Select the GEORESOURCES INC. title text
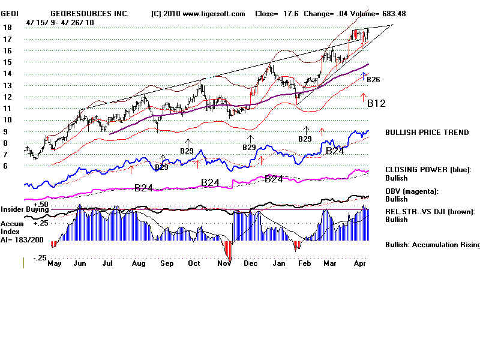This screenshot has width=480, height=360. pos(89,13)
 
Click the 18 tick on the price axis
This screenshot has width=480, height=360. pos(7,28)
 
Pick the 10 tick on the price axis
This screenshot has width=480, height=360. pos(7,119)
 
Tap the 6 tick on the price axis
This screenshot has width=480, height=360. pos(5,166)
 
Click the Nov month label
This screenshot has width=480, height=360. pos(224,263)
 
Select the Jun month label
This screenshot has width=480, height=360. pos(79,263)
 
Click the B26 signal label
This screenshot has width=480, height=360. pos(373,79)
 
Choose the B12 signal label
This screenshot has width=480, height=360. pos(376,103)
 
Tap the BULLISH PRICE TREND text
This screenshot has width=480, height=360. pos(427,133)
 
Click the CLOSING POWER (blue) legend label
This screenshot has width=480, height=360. pos(428,170)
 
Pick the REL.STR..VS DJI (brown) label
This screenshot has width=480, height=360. pos(430,211)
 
